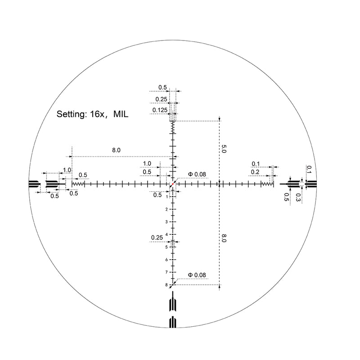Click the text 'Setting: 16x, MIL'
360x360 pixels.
click(x=92, y=114)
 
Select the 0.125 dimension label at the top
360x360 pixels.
click(x=160, y=110)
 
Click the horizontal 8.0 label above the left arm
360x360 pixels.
click(x=116, y=150)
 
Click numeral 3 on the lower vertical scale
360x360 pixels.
click(x=166, y=222)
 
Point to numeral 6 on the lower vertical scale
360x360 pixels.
click(x=166, y=260)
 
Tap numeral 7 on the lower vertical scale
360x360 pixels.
click(x=166, y=272)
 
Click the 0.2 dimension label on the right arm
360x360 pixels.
click(x=255, y=172)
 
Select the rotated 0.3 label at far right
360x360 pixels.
click(x=298, y=196)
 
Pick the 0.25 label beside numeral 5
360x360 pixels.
click(x=157, y=237)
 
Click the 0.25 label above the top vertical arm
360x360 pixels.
click(x=161, y=99)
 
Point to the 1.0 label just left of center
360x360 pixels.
click(x=147, y=163)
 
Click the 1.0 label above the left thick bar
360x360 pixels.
click(x=67, y=170)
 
